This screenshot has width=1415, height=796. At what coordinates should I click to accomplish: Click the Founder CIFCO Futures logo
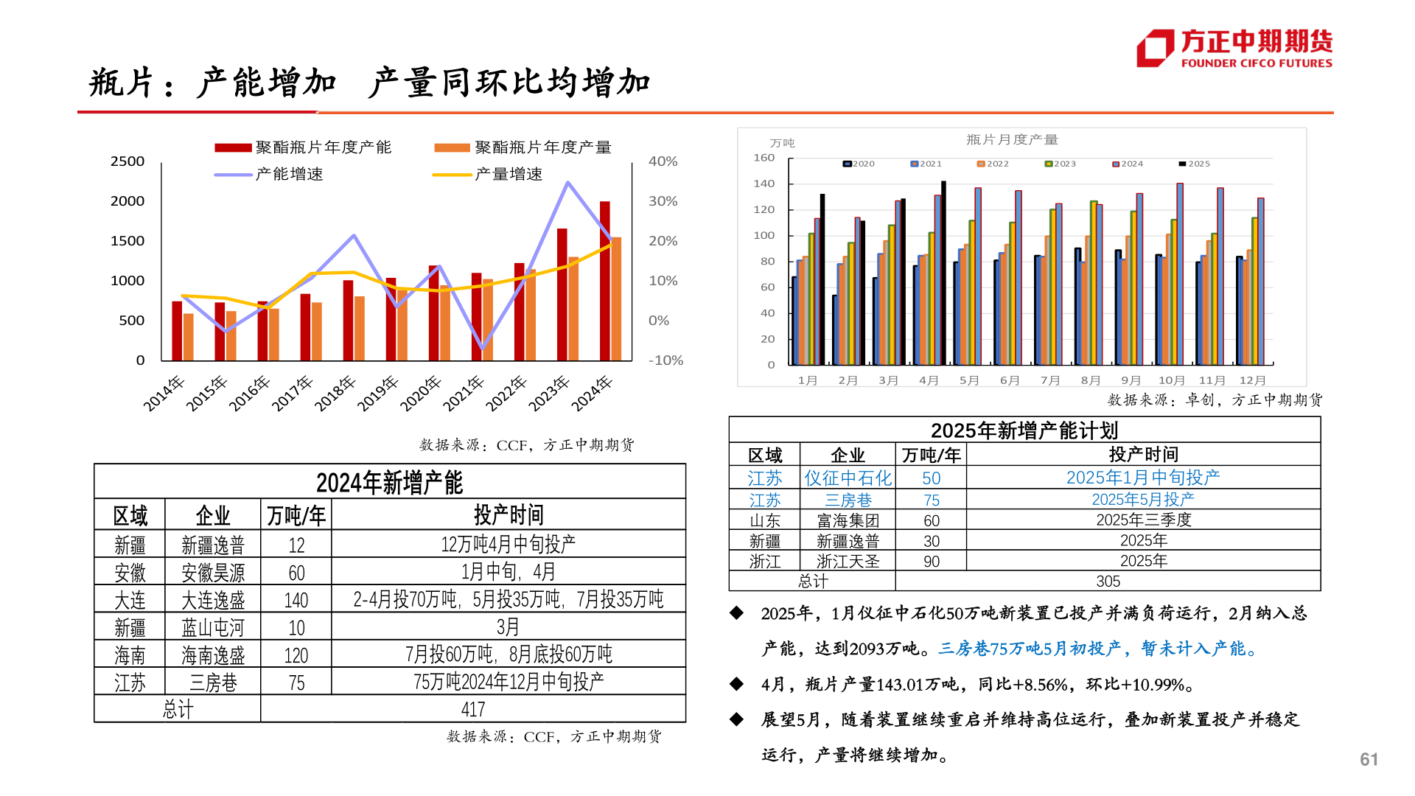(1234, 49)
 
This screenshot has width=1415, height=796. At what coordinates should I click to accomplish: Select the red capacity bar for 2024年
(604, 280)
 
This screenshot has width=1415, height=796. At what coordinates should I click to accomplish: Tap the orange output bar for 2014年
(189, 337)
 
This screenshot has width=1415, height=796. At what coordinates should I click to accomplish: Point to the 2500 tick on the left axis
(127, 161)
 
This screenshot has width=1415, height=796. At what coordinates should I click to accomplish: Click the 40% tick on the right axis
(663, 161)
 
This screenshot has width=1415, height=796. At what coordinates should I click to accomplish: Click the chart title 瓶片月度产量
(1012, 139)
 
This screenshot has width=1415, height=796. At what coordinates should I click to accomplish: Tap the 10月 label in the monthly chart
(1171, 380)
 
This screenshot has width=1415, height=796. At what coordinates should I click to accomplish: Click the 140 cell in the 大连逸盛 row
(296, 600)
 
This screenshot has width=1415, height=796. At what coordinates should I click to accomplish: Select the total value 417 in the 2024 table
(472, 709)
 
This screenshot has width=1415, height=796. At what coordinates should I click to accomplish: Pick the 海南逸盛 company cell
(213, 654)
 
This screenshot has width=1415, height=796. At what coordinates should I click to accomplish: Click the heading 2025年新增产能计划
(1024, 430)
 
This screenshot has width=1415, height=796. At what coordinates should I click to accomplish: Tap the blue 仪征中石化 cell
(848, 478)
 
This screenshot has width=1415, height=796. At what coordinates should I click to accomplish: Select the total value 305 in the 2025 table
(1108, 581)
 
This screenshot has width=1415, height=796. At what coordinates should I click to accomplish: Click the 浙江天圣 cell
(848, 561)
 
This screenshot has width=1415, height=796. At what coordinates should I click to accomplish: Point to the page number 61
(1369, 759)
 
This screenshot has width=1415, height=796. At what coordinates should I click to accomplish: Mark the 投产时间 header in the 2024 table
(508, 514)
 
